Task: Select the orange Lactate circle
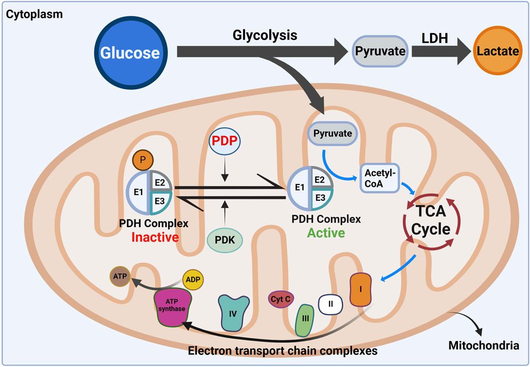[x=497, y=51]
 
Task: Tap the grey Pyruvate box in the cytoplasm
[x=380, y=51]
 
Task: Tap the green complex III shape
[x=305, y=320]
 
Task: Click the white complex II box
[x=330, y=304]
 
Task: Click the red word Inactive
[x=155, y=236]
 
